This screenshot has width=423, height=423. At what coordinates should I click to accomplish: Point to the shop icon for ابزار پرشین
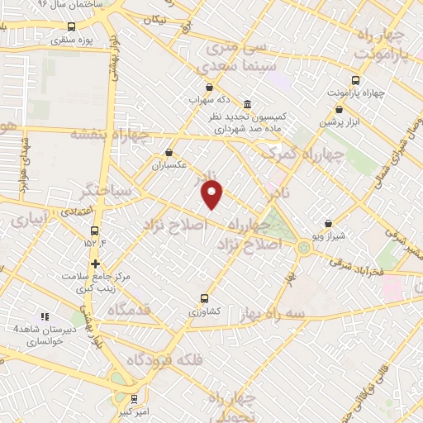pos(340,108)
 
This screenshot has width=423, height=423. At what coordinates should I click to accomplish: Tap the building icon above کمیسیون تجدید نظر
pos(248,103)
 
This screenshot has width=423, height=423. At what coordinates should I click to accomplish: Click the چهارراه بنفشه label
pos(109,133)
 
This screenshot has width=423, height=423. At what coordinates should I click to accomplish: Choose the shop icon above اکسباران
pos(169,152)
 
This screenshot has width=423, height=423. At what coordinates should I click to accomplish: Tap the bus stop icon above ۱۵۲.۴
pos(93,231)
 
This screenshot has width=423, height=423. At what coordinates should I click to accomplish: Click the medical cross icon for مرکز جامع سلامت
pos(96,264)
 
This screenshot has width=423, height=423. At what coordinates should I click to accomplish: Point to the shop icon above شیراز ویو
pos(329,223)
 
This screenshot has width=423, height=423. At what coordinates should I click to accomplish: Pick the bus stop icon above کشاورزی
pos(204,299)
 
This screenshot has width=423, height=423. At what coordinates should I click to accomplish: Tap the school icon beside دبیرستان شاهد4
pos(45,316)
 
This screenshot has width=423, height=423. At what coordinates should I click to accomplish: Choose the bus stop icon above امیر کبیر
pos(134,398)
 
